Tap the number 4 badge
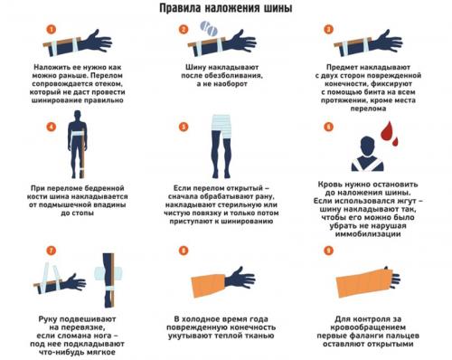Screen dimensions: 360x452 tap(52, 127)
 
